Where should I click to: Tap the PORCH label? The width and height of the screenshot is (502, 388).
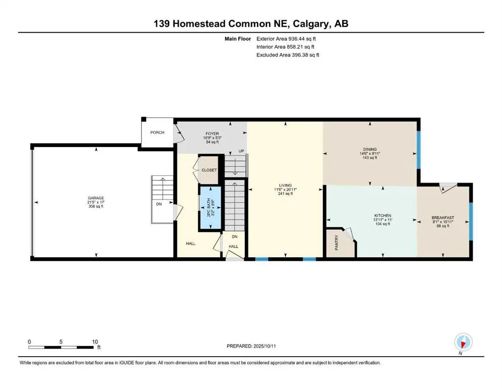(x=157, y=132)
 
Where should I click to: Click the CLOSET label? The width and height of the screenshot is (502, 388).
(x=209, y=170)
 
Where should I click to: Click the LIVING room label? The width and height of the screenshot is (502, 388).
(x=286, y=185)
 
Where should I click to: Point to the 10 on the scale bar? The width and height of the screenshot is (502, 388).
(x=95, y=342)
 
